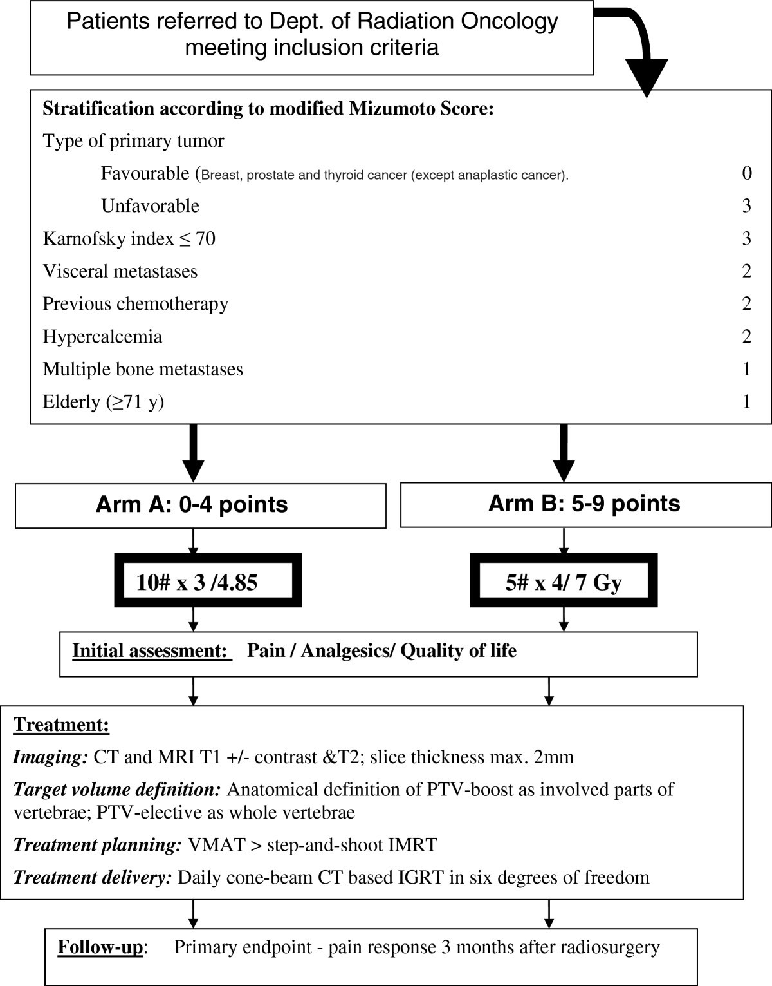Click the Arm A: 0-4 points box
click(x=200, y=506)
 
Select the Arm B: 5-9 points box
click(x=585, y=504)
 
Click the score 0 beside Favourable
click(x=746, y=173)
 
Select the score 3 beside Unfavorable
click(x=746, y=206)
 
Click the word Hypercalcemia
click(x=102, y=337)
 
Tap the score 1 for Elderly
click(x=746, y=402)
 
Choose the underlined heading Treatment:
click(x=61, y=725)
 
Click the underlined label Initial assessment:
click(x=151, y=651)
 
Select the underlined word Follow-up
click(x=100, y=947)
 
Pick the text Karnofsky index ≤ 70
click(x=129, y=239)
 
